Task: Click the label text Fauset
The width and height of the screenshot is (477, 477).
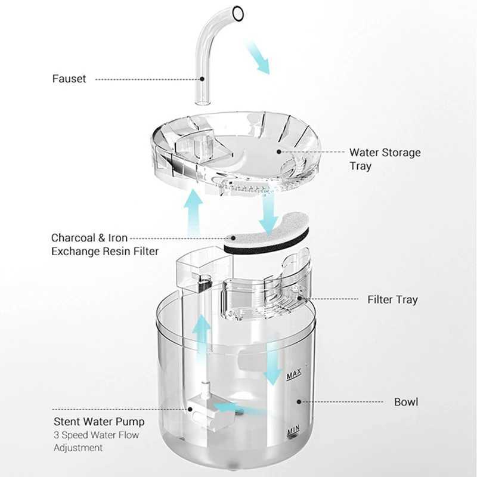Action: tap(69, 79)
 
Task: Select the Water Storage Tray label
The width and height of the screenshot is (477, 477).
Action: tap(385, 159)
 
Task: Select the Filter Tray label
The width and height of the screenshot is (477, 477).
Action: tap(392, 300)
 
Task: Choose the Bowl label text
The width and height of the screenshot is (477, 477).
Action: tap(405, 402)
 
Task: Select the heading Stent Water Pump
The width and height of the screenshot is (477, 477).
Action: tap(98, 422)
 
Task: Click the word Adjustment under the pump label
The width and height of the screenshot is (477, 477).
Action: tap(78, 447)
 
